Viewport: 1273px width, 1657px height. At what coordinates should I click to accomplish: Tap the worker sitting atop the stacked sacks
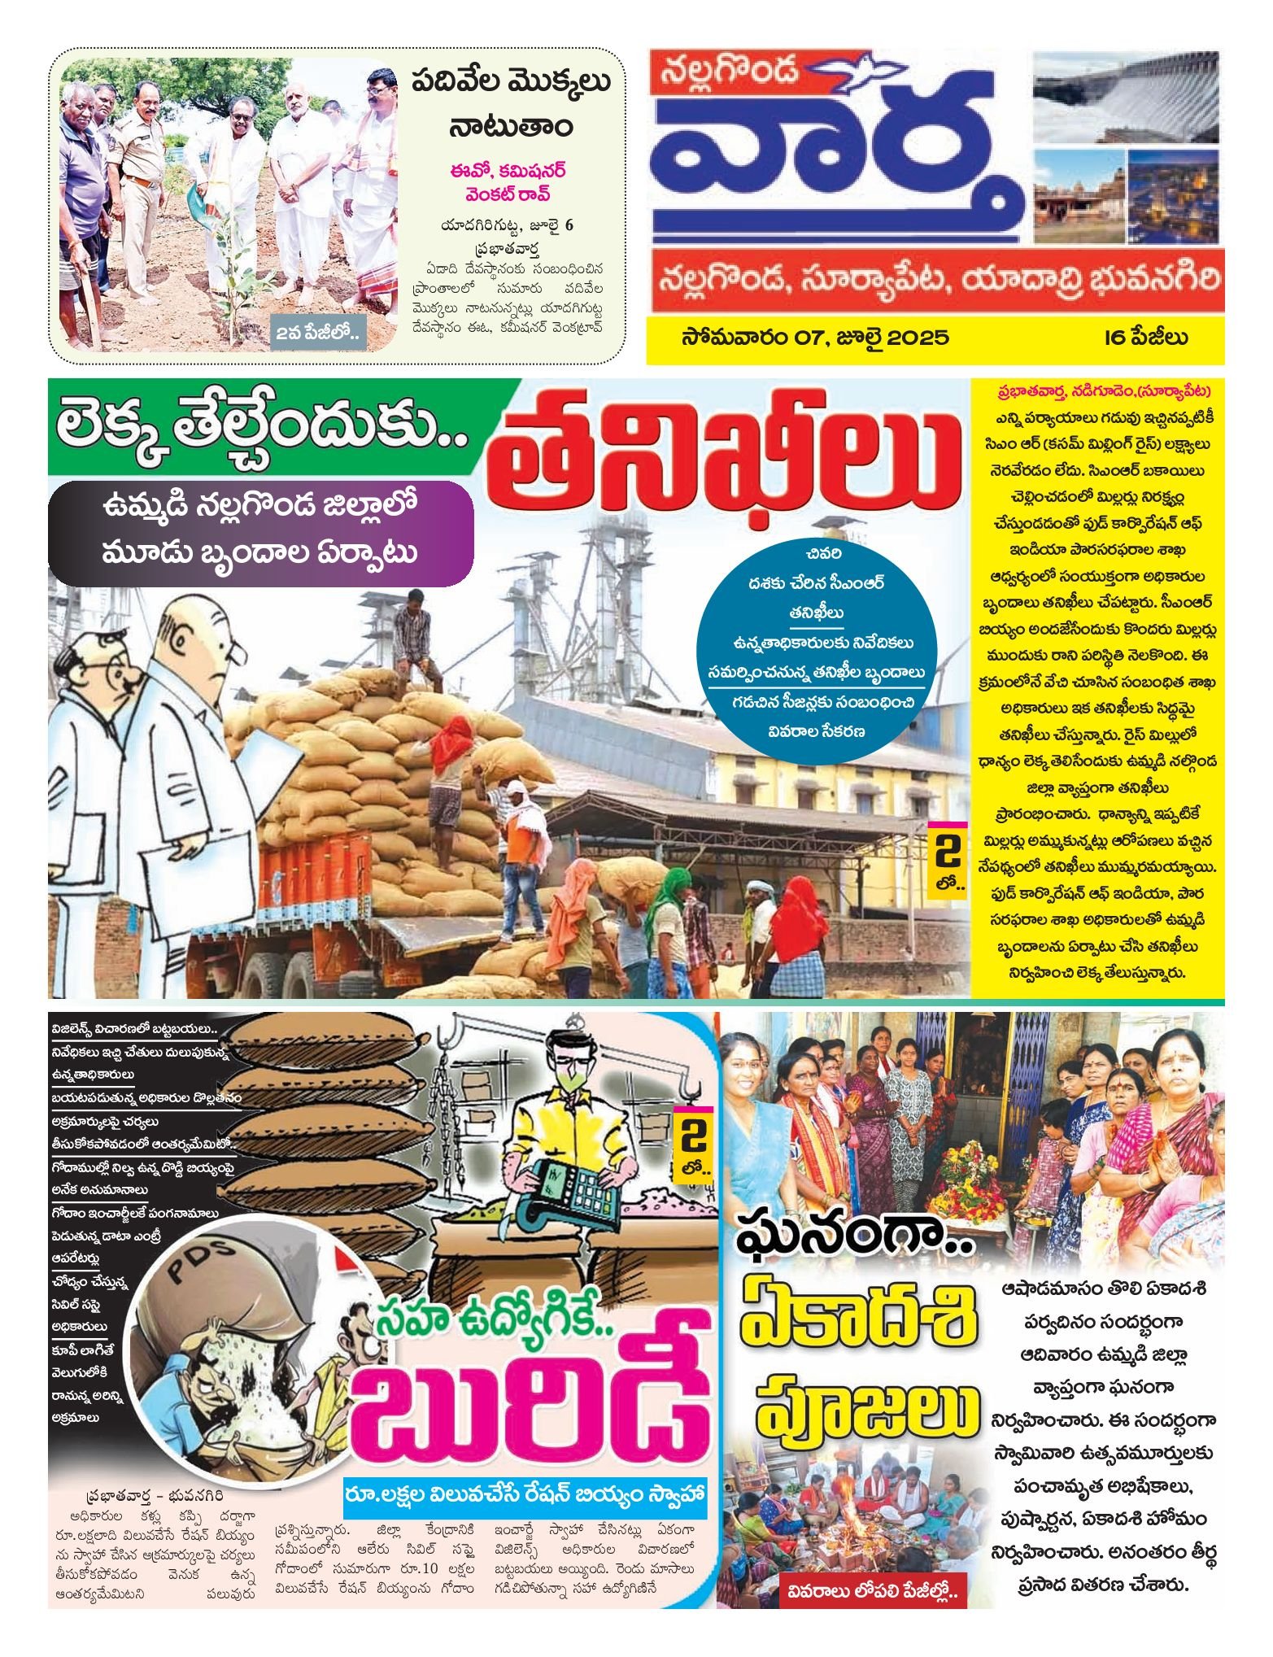coord(412,639)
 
